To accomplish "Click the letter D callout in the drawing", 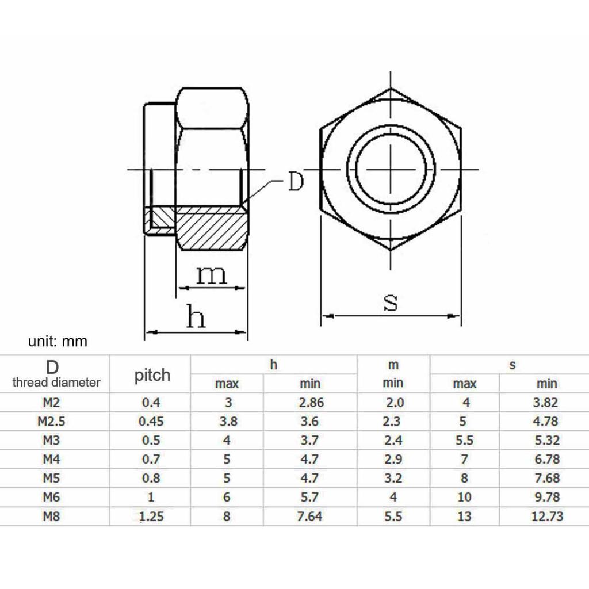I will pos(295,182).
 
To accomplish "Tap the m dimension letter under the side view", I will pos(212,276).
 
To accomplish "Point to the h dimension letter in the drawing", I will pos(196,317).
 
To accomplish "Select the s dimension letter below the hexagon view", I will pos(391,301).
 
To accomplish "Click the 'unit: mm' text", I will pos(58,342).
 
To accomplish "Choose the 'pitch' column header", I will pos(152,375).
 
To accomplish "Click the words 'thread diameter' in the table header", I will pos(56,382).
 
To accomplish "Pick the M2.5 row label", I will pos(52,421).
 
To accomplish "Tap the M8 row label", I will pos(52,516).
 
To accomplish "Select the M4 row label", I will pos(52,459).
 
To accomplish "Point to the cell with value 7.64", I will pos(309,516).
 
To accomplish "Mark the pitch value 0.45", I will pos(151,421).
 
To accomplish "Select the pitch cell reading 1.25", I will pos(151,516).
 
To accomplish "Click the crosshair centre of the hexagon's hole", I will pos(391,170).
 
